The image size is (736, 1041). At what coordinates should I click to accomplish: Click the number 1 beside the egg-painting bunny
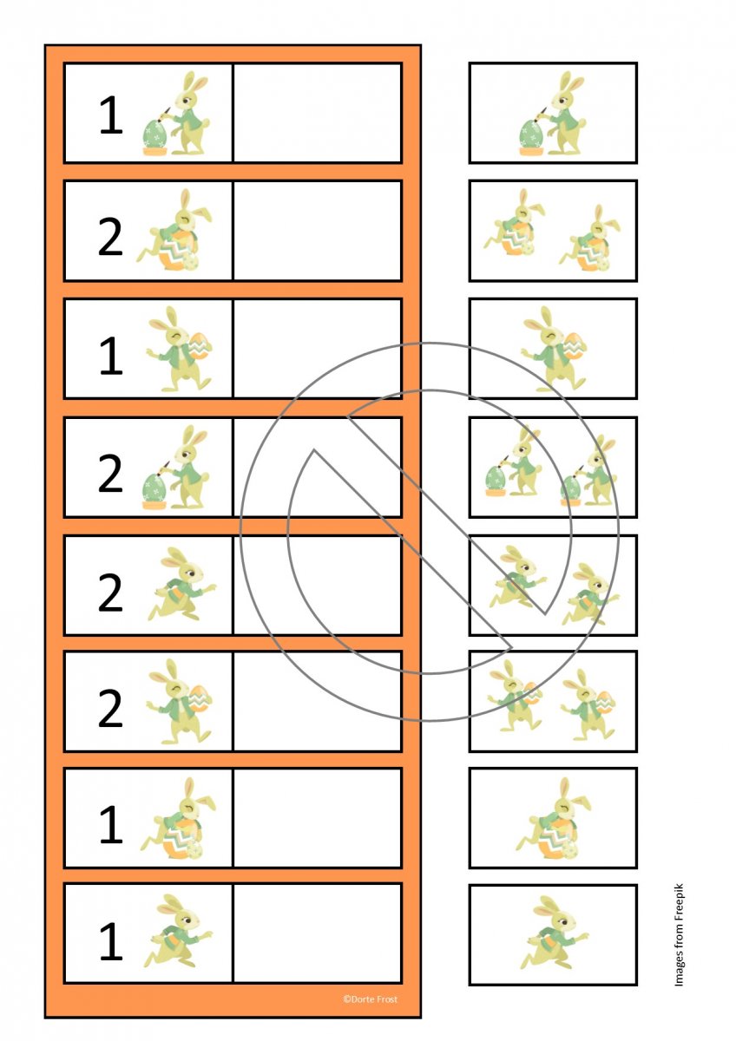[111, 115]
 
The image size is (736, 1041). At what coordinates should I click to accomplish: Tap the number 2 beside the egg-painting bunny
[110, 473]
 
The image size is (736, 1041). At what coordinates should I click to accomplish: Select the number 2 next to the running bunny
[110, 592]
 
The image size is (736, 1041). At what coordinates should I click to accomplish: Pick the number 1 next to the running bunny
[111, 941]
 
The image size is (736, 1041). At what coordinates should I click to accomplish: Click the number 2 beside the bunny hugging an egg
[110, 237]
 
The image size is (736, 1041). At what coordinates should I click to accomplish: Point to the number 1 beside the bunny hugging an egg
[111, 824]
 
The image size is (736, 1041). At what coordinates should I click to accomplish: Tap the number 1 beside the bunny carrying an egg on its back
[111, 355]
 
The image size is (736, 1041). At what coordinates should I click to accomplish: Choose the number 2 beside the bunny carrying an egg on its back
[110, 708]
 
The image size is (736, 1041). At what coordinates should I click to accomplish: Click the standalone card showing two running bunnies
[553, 585]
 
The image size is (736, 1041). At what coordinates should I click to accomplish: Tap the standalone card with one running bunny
[553, 934]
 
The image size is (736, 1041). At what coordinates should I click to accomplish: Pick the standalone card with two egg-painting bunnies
[553, 467]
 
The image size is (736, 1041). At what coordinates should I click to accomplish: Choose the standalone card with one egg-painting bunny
[553, 113]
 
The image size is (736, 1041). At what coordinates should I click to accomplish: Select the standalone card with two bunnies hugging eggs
[553, 231]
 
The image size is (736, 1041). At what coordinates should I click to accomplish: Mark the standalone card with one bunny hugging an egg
[553, 818]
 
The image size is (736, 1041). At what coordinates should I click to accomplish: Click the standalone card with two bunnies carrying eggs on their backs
[553, 701]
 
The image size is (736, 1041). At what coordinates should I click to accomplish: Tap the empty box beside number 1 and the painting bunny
[318, 113]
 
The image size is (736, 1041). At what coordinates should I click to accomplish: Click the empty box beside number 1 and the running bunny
[318, 934]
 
